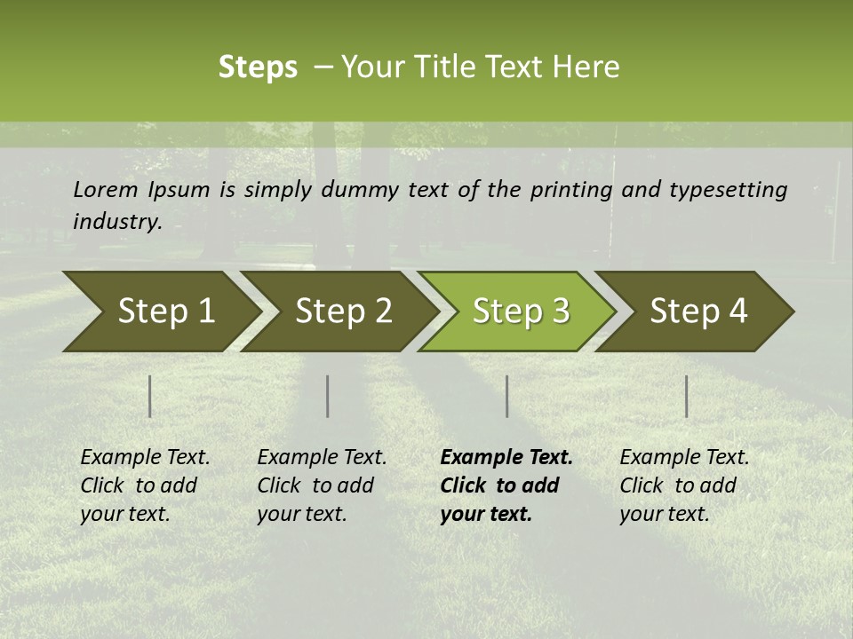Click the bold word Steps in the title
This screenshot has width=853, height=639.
258,67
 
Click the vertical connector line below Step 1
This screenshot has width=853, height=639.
150,396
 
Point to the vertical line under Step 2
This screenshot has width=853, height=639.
328,396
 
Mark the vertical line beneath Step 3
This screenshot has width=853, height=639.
506,396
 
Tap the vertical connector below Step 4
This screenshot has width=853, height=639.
686,396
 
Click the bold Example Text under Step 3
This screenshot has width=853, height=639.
506,458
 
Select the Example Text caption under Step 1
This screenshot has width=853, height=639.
145,458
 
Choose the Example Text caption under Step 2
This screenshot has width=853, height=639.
322,458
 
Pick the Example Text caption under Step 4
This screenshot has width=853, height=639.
684,458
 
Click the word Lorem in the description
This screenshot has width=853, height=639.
106,189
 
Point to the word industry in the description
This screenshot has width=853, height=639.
117,222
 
